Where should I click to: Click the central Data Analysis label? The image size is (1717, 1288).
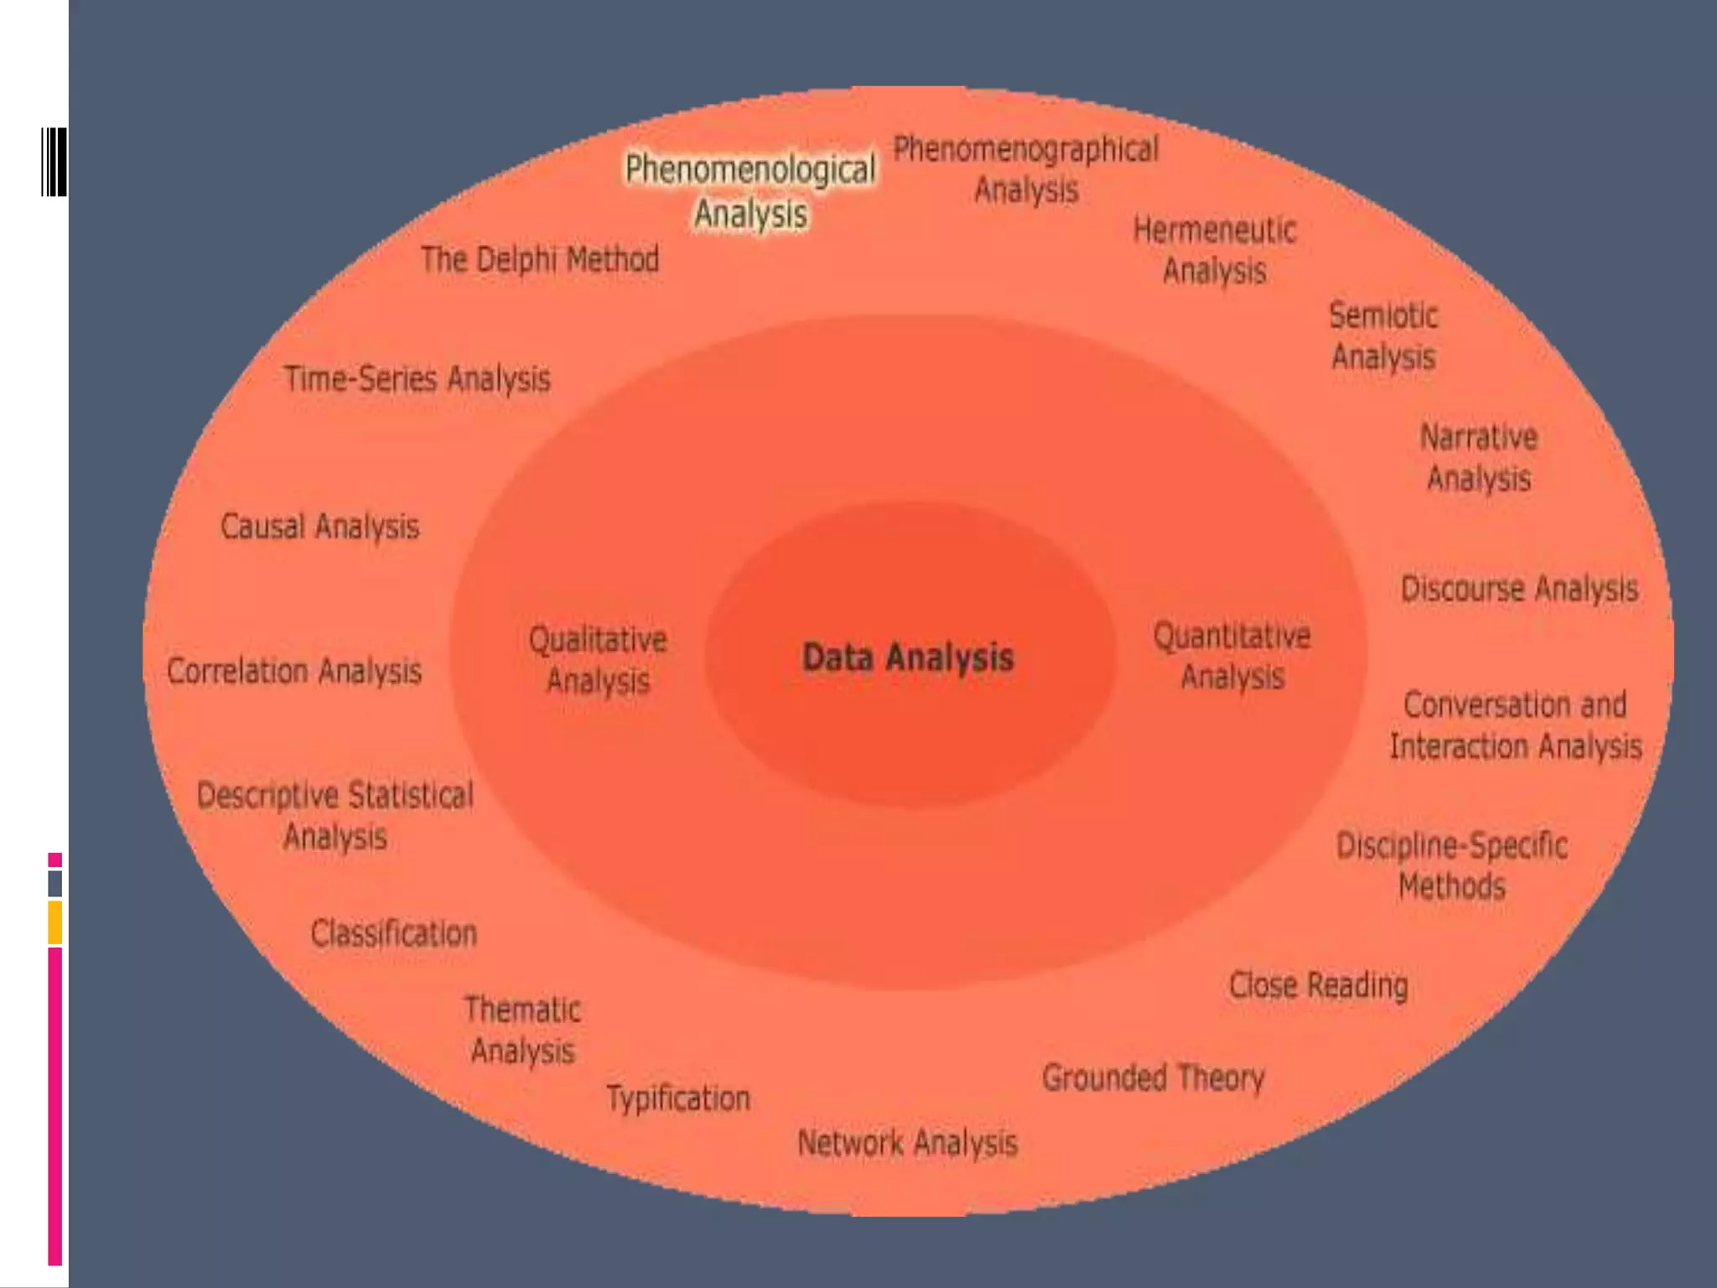coord(908,657)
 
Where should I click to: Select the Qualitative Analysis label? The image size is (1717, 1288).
coord(598,660)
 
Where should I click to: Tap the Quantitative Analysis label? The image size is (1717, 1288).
coord(1232,656)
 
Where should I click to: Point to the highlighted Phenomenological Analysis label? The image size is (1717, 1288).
coord(750,190)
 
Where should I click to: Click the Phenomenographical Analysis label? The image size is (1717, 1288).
coord(1025,169)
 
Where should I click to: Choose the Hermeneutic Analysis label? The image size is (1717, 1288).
coord(1214,250)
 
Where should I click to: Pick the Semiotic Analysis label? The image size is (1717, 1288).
coord(1383,336)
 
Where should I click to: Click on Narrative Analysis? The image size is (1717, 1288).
coord(1479,458)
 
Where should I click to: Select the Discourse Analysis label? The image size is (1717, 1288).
coord(1518,589)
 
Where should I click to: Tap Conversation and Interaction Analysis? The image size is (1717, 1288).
coord(1515,725)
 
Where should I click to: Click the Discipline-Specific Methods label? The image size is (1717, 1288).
coord(1451,865)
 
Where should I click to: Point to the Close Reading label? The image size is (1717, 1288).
coord(1318,986)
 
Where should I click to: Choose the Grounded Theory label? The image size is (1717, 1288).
coord(1153,1078)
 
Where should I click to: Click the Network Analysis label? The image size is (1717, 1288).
coord(907,1143)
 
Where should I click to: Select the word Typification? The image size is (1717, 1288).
coord(677,1098)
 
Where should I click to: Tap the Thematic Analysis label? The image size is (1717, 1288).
coord(522,1030)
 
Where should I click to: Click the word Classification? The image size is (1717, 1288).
coord(393,933)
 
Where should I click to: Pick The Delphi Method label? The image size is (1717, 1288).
coord(539,260)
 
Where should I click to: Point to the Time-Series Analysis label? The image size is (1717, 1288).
coord(417,379)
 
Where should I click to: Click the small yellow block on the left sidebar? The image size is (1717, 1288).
coord(54,922)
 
